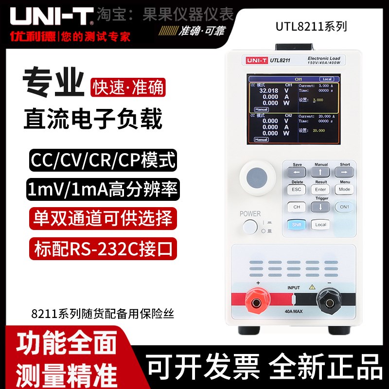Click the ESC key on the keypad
point(297,190)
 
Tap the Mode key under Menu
point(344,190)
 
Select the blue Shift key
point(297,225)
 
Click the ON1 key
point(344,207)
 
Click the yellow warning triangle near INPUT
point(312,287)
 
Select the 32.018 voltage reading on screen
point(266,90)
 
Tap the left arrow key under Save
point(297,172)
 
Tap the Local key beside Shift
point(321,225)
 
